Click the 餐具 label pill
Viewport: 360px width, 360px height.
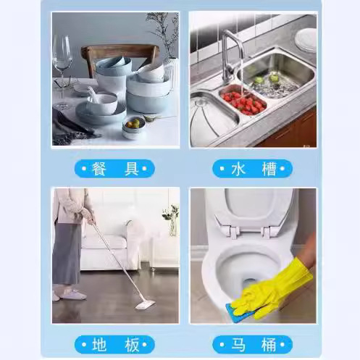(115, 169)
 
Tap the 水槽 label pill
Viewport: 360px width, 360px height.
(252, 169)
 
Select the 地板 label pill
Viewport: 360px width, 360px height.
(115, 344)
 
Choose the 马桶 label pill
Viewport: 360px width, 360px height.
(252, 344)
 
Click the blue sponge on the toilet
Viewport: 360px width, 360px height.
(239, 311)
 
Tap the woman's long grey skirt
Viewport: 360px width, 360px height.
(67, 254)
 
